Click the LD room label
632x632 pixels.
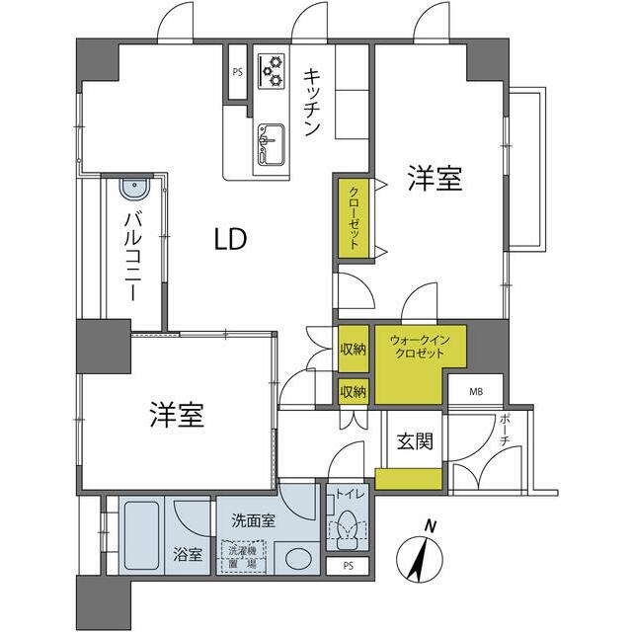(229, 239)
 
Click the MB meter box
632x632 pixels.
(475, 392)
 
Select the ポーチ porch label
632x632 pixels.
(506, 431)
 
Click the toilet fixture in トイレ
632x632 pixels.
(346, 531)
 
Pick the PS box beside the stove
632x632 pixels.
(238, 72)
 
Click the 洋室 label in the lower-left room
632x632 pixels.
(178, 416)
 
